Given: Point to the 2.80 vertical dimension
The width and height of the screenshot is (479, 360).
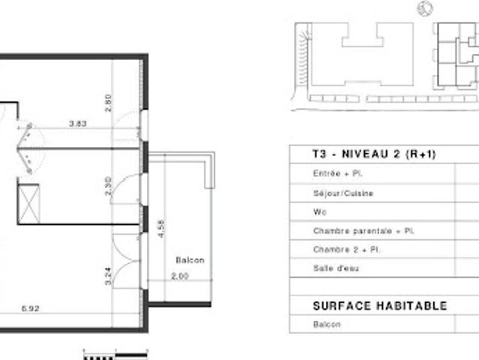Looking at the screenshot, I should coord(109,102).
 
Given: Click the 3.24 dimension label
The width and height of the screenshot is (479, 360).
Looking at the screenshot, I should coord(109,275).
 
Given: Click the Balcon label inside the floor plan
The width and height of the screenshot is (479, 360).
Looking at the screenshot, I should coord(190,260).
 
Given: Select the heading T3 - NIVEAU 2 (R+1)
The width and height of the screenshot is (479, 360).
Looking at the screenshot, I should coord(373,154).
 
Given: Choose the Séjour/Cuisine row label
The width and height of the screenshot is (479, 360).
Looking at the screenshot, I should coord(343,193).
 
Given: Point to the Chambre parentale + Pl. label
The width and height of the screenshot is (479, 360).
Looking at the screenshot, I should coord(353,231).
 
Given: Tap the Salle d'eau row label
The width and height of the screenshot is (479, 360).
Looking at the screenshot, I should coord(333,268).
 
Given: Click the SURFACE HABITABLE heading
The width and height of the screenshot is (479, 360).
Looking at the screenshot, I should coord(379,306).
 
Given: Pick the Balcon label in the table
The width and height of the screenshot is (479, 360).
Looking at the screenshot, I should coord(326,325).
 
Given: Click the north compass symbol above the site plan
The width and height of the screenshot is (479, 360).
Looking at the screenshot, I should coord(425,8).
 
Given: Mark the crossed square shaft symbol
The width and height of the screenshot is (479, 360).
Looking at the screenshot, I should coord(29,202).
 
